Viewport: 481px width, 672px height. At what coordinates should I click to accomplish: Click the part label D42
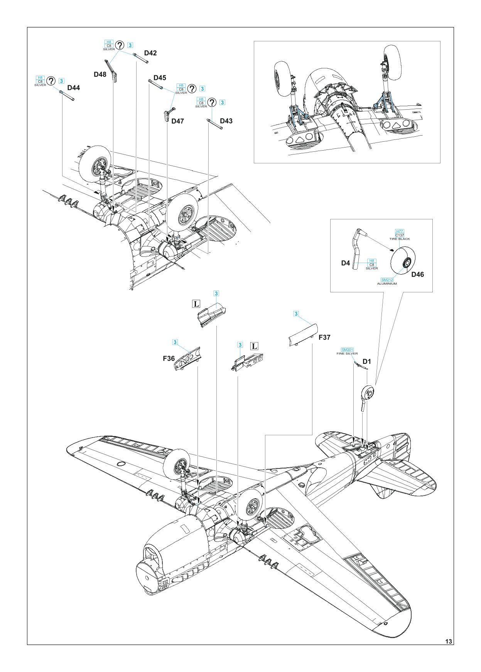[150, 53]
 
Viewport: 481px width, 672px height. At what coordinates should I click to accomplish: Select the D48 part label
[100, 74]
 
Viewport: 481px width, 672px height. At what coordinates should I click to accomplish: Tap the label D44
[73, 88]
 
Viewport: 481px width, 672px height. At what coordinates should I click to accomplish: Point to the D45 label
[160, 78]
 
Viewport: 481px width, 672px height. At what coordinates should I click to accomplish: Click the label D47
[177, 121]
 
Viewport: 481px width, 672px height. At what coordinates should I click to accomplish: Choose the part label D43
[226, 121]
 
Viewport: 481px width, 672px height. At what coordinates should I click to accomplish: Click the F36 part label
[169, 358]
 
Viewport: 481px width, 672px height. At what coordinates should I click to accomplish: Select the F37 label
[324, 337]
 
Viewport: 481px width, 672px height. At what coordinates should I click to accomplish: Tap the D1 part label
[366, 361]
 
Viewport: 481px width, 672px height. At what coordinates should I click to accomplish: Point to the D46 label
[417, 274]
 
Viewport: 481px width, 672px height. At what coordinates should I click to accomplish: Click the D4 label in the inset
[345, 263]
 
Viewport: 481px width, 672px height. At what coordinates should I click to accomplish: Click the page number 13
[448, 641]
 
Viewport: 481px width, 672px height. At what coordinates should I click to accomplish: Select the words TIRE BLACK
[399, 239]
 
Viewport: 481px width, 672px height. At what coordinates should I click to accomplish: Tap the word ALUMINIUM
[387, 283]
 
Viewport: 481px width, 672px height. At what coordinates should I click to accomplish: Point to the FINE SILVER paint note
[347, 353]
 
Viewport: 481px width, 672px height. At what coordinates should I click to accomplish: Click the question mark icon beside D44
[51, 81]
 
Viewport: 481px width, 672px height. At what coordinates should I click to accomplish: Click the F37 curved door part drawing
[303, 335]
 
